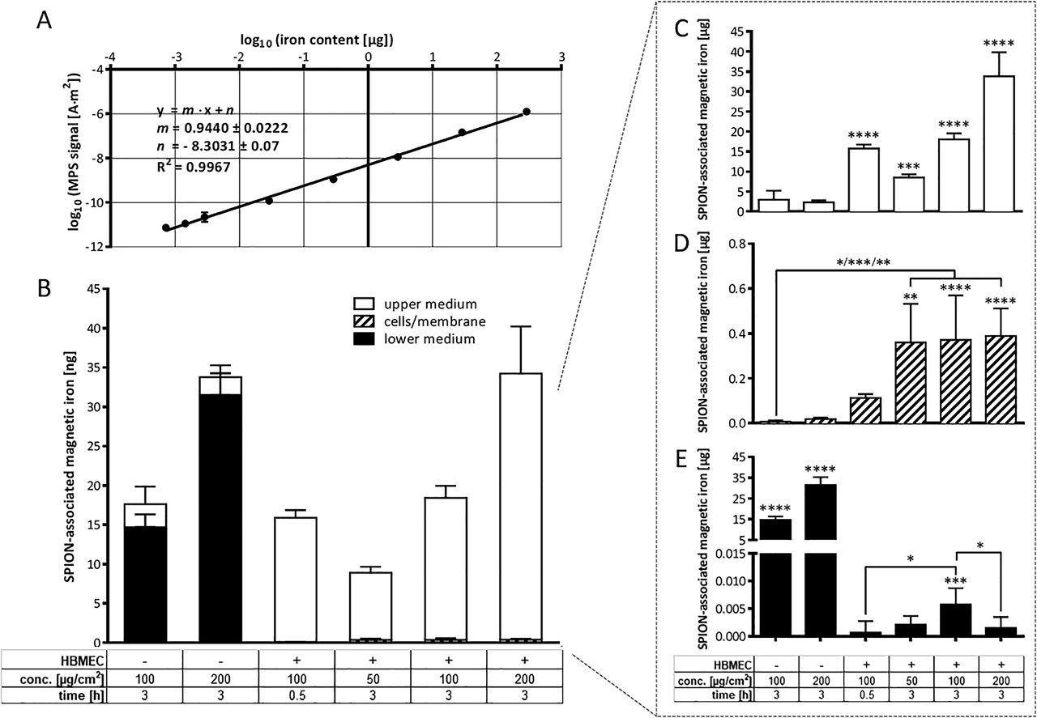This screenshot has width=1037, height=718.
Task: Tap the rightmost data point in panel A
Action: [527, 112]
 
